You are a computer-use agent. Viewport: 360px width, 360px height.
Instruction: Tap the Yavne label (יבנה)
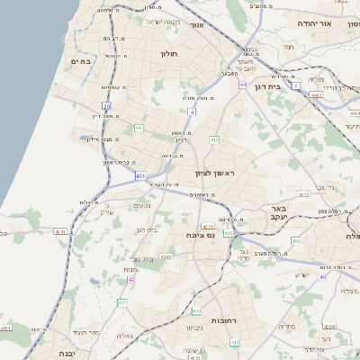tap(67, 354)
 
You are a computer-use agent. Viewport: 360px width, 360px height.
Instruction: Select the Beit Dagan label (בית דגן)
tap(288, 87)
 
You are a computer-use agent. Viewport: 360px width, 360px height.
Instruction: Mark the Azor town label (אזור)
tap(196, 25)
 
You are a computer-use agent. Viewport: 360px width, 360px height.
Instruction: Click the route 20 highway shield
tap(106, 106)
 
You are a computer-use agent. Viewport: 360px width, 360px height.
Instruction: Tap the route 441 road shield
tap(139, 129)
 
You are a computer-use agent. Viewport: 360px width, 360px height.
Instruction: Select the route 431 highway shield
tap(140, 175)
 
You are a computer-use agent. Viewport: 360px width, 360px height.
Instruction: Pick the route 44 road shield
tap(243, 85)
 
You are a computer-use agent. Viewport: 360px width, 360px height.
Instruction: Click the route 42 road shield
tap(131, 280)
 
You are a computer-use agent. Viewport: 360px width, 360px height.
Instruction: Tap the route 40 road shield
tap(322, 276)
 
